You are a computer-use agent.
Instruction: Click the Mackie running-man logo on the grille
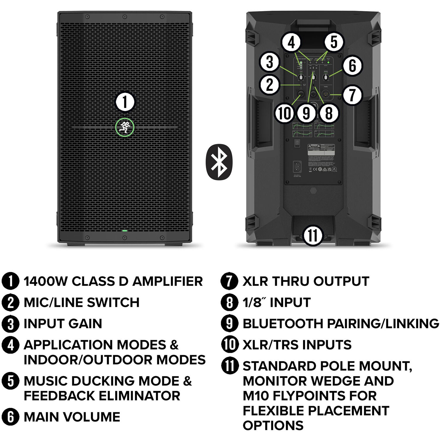125,127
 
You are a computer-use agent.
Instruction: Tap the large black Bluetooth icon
219,162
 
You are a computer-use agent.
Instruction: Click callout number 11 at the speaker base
313,235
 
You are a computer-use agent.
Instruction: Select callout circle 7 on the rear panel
352,95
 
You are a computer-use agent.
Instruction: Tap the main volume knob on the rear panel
326,77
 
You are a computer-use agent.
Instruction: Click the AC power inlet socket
297,166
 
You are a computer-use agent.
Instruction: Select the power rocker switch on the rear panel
297,143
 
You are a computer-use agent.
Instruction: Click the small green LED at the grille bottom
125,231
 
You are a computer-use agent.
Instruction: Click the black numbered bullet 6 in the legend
10,417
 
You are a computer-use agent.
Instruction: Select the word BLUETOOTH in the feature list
283,324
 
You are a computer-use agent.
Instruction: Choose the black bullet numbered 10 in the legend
230,344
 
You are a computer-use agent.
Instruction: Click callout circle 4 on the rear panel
291,43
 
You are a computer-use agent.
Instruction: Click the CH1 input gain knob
301,77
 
